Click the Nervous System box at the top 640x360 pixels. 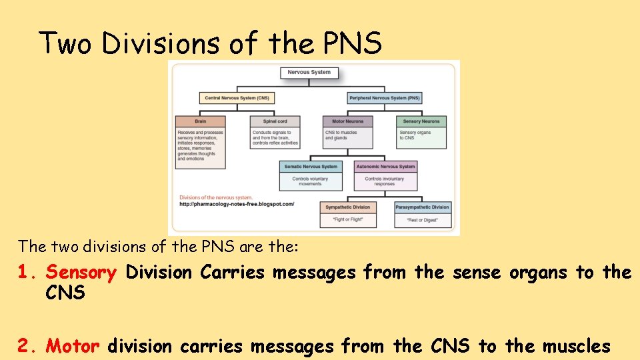(x=309, y=72)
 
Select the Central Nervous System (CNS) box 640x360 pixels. (x=237, y=98)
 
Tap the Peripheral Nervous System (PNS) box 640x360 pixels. (x=385, y=98)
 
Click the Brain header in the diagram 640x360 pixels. (x=201, y=121)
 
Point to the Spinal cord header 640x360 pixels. (x=275, y=121)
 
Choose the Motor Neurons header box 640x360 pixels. (x=348, y=121)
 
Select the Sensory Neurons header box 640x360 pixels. (x=421, y=121)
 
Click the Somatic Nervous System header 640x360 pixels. (x=311, y=167)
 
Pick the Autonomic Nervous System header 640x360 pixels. (x=385, y=167)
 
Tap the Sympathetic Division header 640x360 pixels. (x=348, y=207)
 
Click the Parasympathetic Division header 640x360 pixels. (x=422, y=207)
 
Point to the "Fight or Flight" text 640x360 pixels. (x=348, y=219)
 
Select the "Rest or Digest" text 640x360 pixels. (x=422, y=219)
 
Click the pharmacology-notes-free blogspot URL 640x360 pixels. (x=237, y=204)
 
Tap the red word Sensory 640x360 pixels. (x=82, y=273)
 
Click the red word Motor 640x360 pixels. (x=73, y=346)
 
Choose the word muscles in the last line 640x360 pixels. (x=577, y=346)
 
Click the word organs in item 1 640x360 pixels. (x=540, y=273)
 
